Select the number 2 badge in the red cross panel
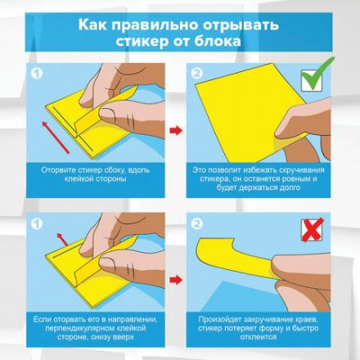(x=197, y=223)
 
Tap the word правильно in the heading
(x=160, y=24)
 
